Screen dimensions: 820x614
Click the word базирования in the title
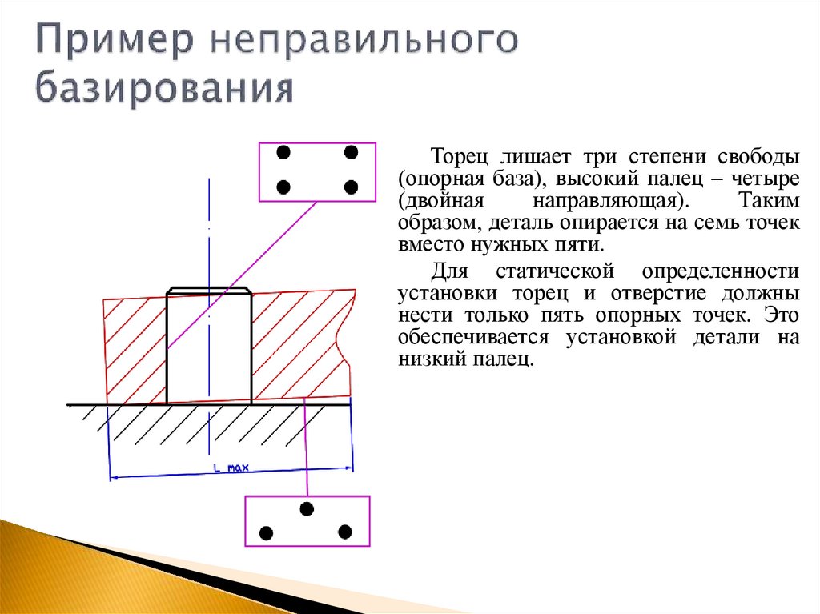tap(163, 87)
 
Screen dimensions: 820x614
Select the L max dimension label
tap(231, 468)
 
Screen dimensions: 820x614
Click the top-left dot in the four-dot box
tap(283, 151)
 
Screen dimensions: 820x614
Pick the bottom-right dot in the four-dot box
tap(350, 187)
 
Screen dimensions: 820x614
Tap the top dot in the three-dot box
tap(307, 508)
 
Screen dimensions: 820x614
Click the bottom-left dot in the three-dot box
tap(267, 532)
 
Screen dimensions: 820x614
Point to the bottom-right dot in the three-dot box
tap(345, 531)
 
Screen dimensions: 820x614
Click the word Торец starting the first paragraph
tap(456, 154)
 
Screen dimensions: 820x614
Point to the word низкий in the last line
tap(428, 361)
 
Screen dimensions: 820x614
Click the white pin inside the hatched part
tap(209, 348)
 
